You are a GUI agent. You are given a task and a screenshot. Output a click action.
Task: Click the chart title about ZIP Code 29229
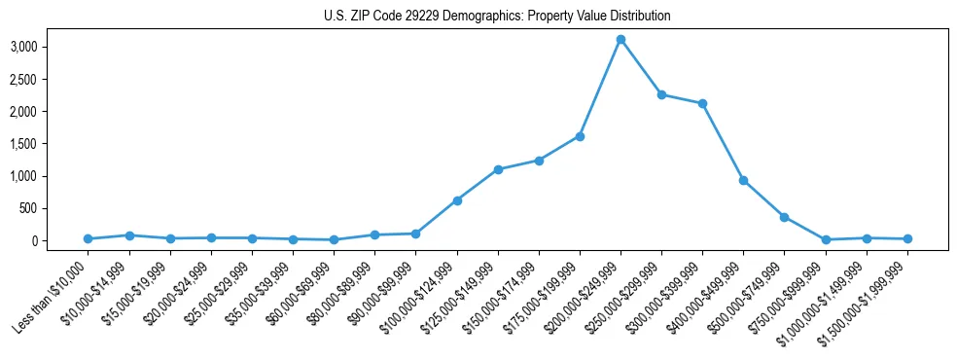click(x=497, y=17)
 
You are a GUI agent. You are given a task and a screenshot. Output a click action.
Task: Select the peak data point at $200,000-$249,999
click(x=620, y=40)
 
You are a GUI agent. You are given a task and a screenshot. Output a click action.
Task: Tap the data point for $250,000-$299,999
click(x=661, y=95)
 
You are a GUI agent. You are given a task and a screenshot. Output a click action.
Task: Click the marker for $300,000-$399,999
click(x=702, y=103)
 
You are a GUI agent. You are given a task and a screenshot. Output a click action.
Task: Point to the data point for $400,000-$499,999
click(x=743, y=180)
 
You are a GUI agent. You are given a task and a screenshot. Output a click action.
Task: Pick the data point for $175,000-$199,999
click(x=580, y=136)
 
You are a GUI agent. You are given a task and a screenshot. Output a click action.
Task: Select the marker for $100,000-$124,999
click(x=457, y=200)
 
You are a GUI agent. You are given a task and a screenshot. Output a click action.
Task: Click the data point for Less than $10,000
click(x=89, y=238)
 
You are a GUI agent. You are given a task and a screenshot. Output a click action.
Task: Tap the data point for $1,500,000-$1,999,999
click(x=907, y=238)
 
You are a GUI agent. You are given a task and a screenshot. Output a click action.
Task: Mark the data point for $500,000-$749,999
click(x=784, y=217)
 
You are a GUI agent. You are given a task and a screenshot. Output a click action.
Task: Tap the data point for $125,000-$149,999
click(x=498, y=169)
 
